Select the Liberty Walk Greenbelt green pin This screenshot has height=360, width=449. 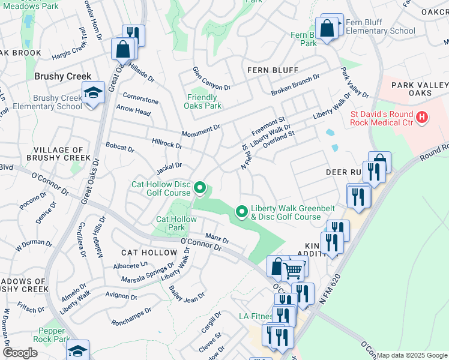click(x=242, y=211)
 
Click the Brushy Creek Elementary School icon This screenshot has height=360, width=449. click(x=92, y=94)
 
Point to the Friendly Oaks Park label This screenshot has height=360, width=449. click(x=202, y=101)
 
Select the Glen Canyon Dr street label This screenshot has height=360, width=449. click(x=211, y=79)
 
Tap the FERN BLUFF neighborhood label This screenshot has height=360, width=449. click(x=273, y=70)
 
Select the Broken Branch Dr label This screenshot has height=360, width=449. click(x=295, y=85)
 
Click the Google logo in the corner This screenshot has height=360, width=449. click(x=20, y=352)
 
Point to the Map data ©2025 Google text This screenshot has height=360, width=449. click(x=412, y=355)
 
